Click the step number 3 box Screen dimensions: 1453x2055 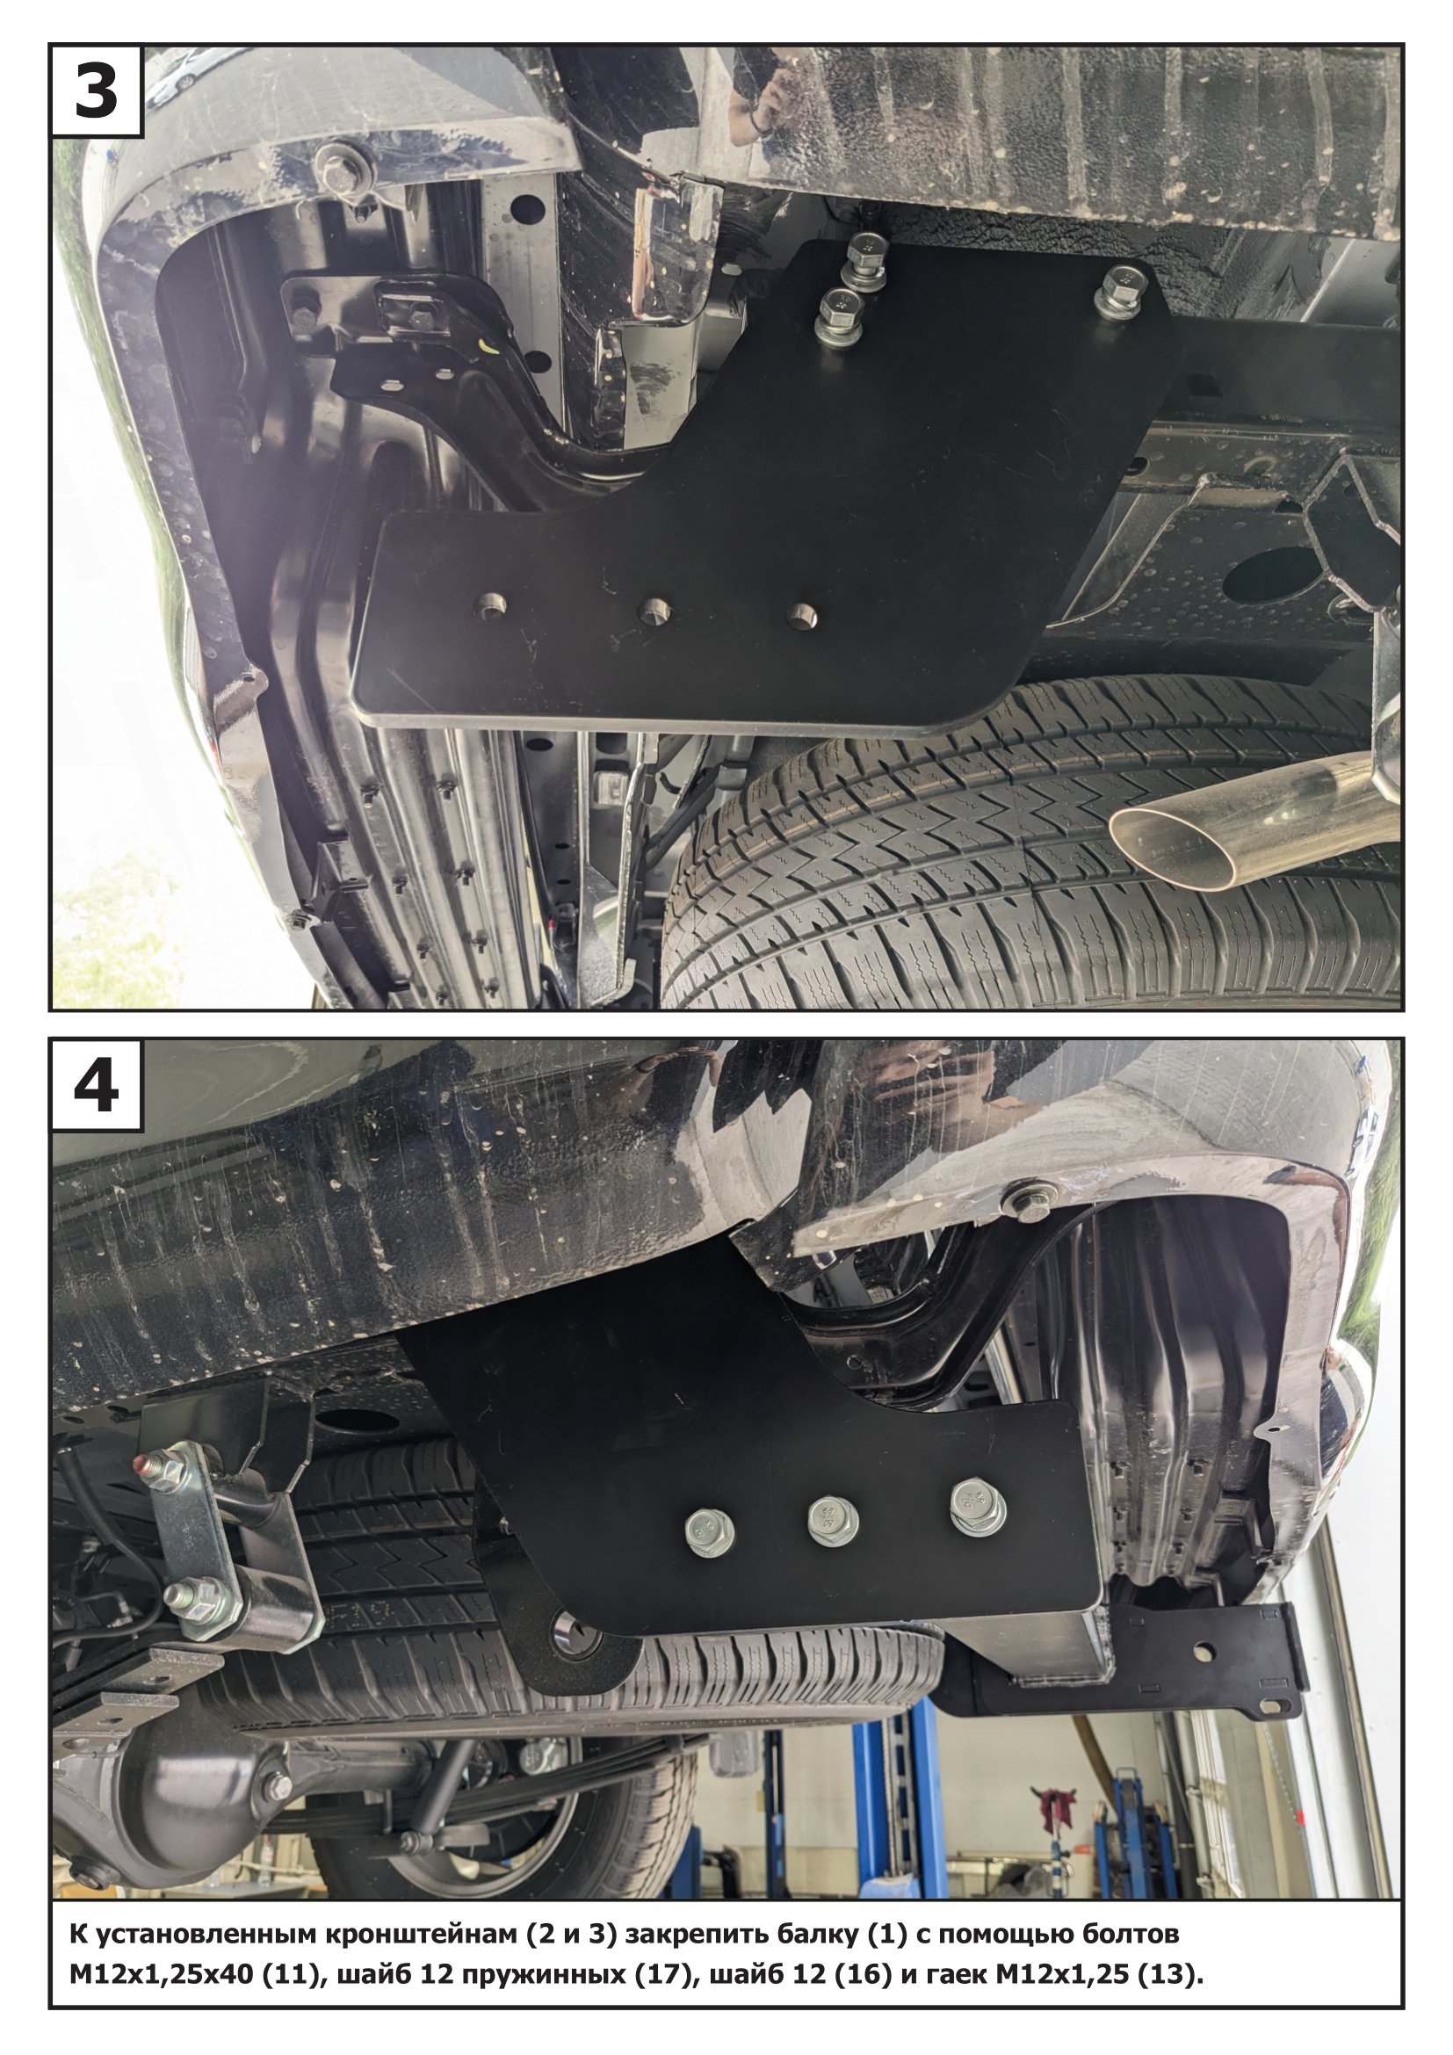pyautogui.click(x=97, y=90)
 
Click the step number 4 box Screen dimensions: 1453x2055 pyautogui.click(x=97, y=1084)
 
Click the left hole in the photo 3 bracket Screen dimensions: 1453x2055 pyautogui.click(x=490, y=605)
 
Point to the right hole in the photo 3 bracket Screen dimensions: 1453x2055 pyautogui.click(x=801, y=615)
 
